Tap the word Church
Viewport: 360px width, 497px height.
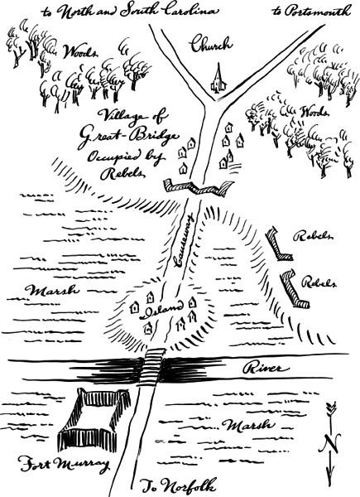212,44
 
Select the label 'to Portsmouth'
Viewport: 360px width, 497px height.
311,11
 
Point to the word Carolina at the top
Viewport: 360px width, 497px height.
191,11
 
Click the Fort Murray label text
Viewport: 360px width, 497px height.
64,464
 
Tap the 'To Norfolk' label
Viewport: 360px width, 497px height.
179,485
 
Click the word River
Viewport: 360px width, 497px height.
266,369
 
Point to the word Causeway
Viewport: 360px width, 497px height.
183,240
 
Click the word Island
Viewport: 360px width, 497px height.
163,308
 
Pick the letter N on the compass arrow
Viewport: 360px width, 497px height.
330,443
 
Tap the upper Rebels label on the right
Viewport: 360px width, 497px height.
313,235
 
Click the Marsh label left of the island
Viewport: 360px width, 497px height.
51,291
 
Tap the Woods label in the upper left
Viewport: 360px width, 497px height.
79,51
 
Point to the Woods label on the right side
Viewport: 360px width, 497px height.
314,112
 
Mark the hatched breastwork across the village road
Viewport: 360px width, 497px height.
198,187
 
